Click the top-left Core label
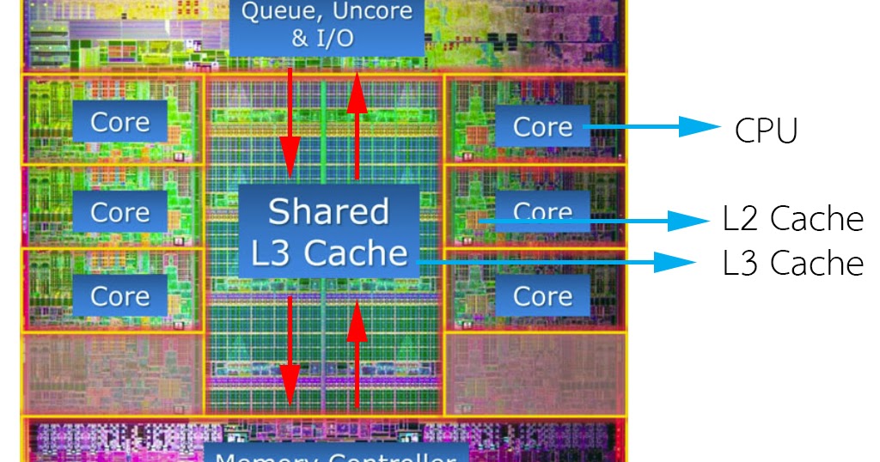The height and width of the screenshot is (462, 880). [119, 122]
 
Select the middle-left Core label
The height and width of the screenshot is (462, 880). [119, 211]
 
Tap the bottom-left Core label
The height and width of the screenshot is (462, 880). [119, 296]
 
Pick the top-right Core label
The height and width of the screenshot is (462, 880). [542, 127]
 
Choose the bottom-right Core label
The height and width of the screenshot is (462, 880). [542, 296]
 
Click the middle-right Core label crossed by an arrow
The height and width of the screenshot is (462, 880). [542, 211]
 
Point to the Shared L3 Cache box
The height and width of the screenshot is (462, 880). [328, 231]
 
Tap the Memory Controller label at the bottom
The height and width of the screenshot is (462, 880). [335, 454]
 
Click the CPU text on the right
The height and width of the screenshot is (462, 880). [767, 131]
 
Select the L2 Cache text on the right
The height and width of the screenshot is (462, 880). [792, 220]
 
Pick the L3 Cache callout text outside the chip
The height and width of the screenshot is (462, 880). [792, 263]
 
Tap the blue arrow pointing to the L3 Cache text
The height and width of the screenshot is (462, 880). [559, 260]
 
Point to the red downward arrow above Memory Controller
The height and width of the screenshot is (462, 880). [290, 352]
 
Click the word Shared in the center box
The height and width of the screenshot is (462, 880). [328, 211]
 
